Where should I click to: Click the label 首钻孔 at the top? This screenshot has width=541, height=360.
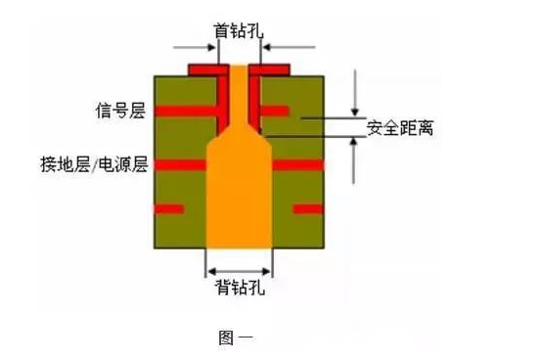pos(238,30)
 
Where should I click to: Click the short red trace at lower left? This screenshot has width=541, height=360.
pos(168,208)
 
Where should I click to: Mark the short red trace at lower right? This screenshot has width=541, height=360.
pos(308,208)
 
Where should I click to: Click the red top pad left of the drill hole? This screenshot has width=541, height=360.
pos(207,69)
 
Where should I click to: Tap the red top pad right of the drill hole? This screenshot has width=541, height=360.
pos(273,69)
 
